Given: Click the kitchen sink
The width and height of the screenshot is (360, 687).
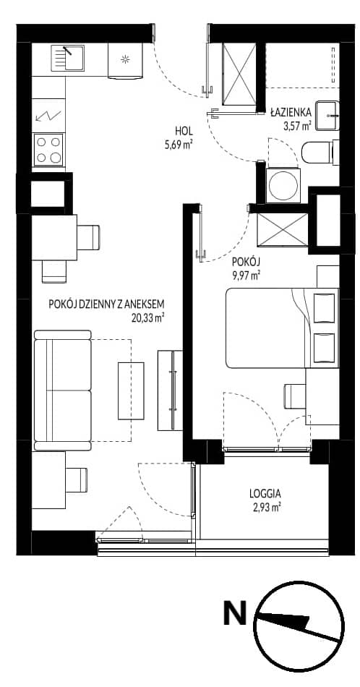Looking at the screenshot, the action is pos(68,58).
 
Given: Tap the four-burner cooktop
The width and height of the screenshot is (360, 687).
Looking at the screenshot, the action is pos(48,150).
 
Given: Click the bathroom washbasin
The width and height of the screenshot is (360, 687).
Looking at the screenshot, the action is pos(327,116).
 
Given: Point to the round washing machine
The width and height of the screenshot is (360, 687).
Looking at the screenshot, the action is pos(283,185).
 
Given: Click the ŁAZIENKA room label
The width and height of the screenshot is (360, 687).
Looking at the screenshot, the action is pos(291,112).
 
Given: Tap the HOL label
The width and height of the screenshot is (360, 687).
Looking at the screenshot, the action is pos(184,131).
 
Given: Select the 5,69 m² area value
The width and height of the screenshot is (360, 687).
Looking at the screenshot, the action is pos(179,145).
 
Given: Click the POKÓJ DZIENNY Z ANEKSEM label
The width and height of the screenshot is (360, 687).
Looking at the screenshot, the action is pos(107,304).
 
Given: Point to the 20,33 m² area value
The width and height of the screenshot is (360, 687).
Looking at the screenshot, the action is pos(147,318).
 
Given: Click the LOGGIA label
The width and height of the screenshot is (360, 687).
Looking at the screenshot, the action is pos(265,493).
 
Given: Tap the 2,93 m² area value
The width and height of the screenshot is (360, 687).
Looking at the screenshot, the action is pos(266,508).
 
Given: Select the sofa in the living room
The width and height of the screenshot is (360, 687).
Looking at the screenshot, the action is pos(63,391).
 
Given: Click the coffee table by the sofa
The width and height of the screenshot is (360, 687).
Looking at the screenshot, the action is pos(131,391).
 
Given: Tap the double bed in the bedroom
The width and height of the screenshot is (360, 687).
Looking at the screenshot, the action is pos(283,328).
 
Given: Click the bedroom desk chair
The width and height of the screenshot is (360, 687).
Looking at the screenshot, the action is pos(295,396).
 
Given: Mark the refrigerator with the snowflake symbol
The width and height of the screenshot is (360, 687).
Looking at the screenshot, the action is pos(125,61).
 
